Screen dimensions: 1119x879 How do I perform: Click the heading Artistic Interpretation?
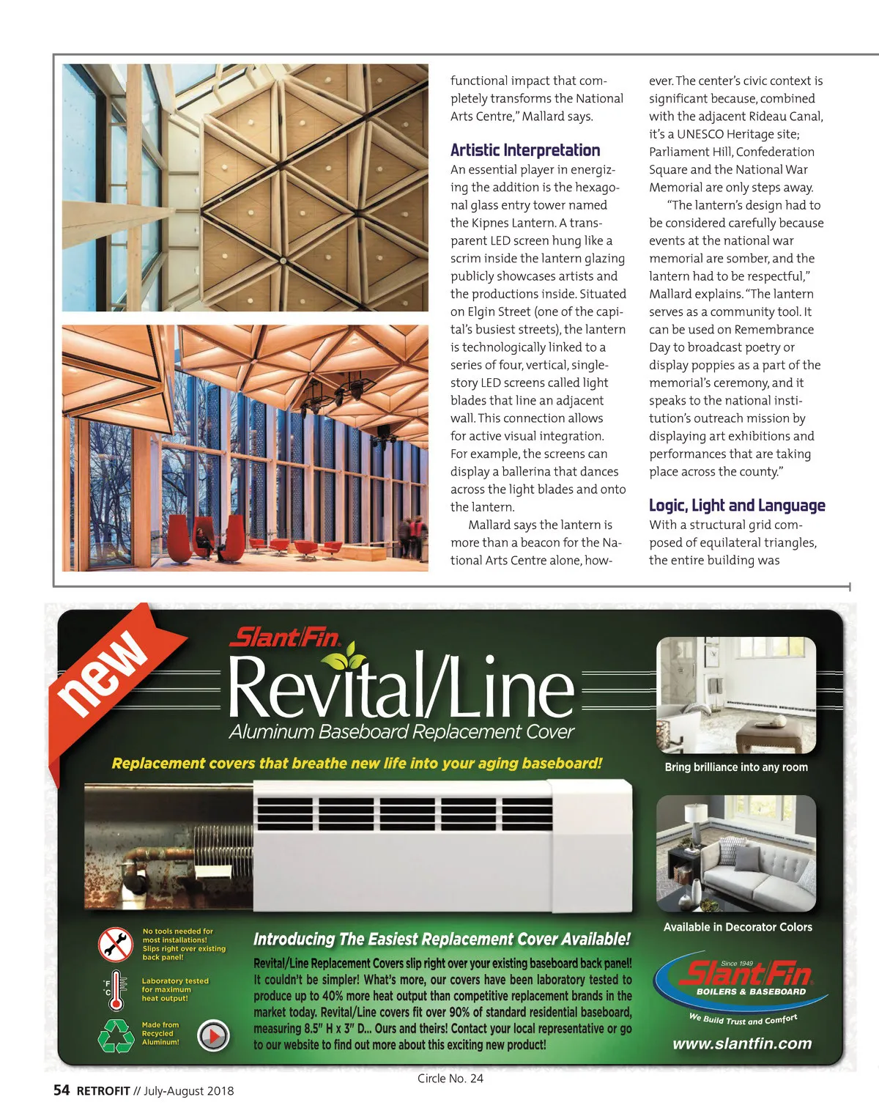click(x=525, y=150)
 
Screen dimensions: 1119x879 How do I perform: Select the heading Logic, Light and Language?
click(x=737, y=506)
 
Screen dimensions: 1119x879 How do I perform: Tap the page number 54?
click(x=62, y=1090)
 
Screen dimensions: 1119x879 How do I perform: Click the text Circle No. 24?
click(x=450, y=1078)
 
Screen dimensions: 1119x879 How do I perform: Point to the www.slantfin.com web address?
click(x=742, y=1044)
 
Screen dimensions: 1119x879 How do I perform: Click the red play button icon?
click(x=214, y=1035)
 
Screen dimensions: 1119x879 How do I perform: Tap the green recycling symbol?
click(x=116, y=1034)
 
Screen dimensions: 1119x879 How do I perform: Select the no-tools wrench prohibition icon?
click(x=116, y=945)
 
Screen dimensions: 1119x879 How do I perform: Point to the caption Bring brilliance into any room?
click(x=736, y=767)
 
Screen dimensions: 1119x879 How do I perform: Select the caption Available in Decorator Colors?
click(x=738, y=927)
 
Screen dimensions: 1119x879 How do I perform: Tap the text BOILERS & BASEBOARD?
click(x=751, y=992)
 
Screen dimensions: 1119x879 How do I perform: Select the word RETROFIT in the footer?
click(x=103, y=1091)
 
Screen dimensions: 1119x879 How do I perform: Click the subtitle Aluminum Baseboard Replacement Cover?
click(x=401, y=732)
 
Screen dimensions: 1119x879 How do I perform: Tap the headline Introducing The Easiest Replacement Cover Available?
click(x=442, y=939)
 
